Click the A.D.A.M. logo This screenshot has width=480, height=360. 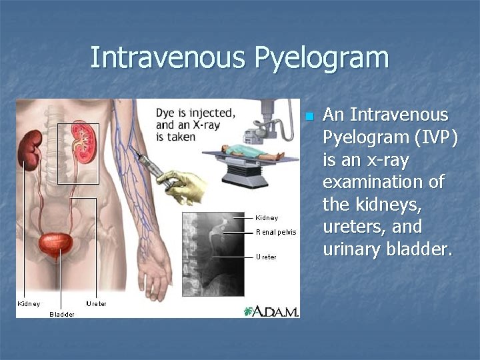click(271, 311)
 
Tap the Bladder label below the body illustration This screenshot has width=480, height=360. click(62, 314)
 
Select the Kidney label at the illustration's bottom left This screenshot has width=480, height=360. click(28, 304)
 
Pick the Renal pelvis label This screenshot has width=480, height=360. click(275, 233)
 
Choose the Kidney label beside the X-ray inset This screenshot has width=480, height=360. click(267, 218)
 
